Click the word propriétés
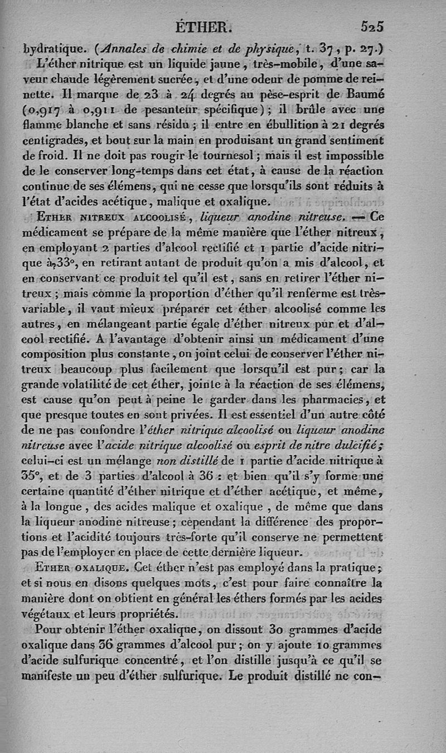coord(149,614)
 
